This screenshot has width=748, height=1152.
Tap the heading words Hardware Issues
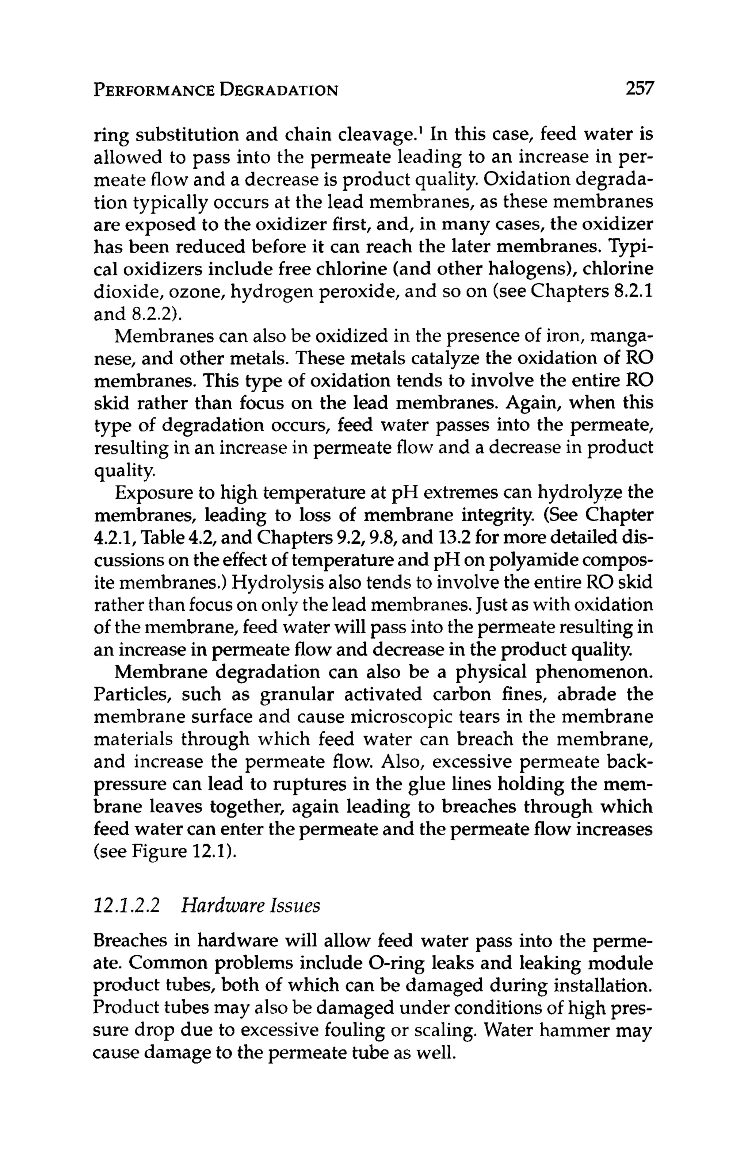tap(251, 905)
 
